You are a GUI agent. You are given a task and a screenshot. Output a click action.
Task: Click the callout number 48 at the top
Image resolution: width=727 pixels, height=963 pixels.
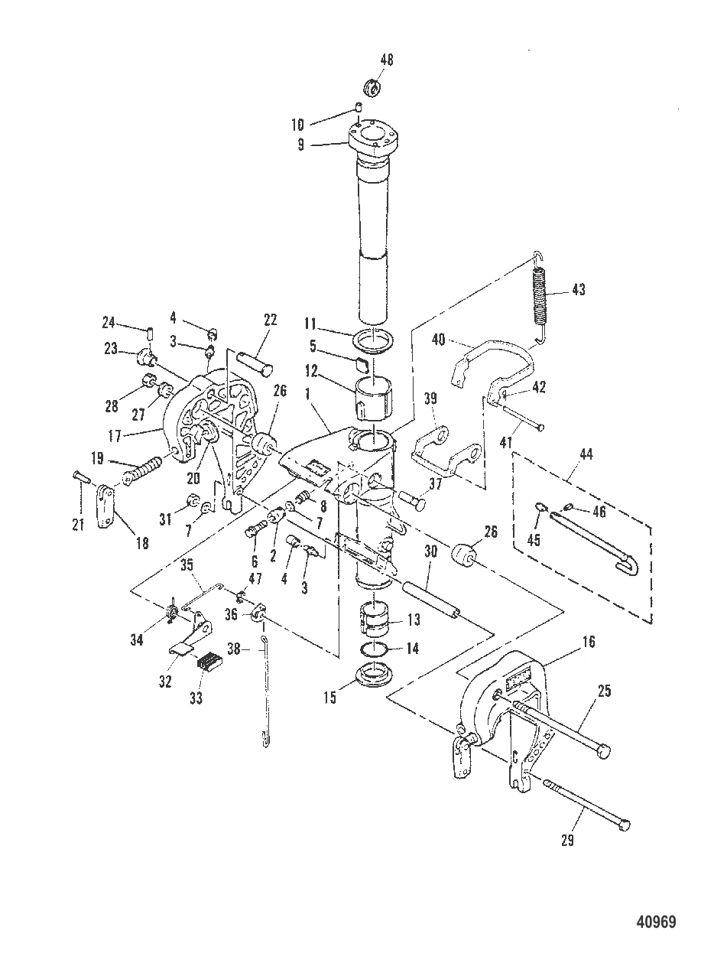pos(386,60)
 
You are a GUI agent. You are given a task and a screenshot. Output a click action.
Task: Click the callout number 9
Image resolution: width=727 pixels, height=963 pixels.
pos(300,145)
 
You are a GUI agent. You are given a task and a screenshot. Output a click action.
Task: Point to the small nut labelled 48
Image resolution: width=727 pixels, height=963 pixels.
pos(372,87)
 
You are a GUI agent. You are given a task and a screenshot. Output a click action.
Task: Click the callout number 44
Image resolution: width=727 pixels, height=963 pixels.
pos(586,454)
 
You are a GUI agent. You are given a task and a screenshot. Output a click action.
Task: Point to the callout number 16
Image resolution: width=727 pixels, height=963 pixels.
pos(589,642)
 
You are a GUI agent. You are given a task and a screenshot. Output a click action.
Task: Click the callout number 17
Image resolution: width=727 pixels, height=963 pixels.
pos(115,436)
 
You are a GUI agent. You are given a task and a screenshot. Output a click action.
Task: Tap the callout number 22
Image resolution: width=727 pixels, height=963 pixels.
pos(271,320)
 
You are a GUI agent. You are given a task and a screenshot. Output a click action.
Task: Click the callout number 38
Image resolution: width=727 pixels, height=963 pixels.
pos(234,648)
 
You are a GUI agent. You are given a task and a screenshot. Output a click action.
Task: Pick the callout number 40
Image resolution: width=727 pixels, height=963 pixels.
pos(439,339)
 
